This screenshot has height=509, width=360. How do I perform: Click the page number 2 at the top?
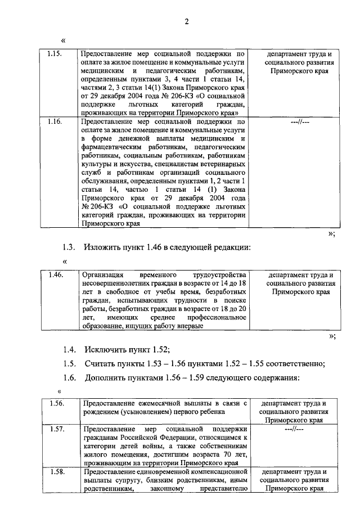187,22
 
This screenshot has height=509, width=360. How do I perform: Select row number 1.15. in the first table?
55,55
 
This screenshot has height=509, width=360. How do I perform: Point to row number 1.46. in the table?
55,275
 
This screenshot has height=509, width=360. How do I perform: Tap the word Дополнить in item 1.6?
106,377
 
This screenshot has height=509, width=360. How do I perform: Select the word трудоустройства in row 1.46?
219,275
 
